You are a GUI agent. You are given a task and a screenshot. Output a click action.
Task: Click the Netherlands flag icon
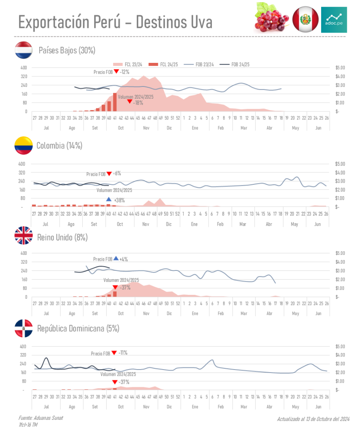coord(24,50)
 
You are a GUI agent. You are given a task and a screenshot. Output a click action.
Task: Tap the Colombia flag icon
coord(24,146)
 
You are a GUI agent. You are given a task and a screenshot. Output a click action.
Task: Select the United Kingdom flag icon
coord(24,236)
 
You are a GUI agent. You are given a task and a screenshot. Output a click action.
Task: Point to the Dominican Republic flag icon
coord(24,328)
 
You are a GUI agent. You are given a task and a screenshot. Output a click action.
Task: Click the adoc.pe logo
coord(333,19)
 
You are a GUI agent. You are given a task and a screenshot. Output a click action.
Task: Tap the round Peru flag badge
coord(305,19)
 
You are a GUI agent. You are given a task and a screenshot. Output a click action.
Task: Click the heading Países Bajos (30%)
coord(67,50)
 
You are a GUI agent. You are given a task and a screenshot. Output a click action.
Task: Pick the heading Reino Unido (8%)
coord(62,237)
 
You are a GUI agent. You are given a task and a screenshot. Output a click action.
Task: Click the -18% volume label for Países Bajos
coord(138,103)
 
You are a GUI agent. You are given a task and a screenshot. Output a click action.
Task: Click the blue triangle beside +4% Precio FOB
coord(116,258)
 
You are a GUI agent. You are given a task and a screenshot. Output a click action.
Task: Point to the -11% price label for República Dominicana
coord(123,353)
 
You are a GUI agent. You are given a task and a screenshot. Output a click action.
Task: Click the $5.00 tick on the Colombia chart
coord(340,164)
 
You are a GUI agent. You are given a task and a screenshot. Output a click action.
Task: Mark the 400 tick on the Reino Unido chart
coord(24,253)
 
